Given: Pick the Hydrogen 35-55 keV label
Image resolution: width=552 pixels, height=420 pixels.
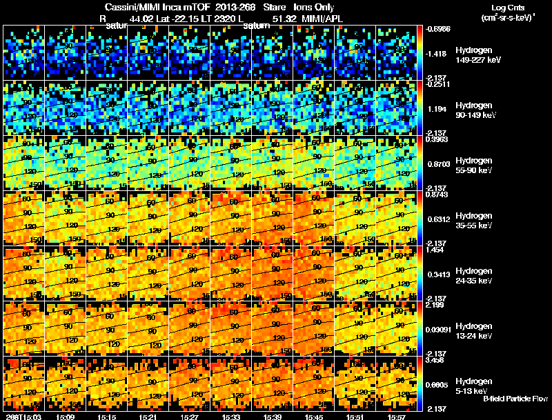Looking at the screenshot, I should tap(475, 221).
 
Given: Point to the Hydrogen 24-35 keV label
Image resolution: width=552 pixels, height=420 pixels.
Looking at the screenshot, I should tap(475, 276).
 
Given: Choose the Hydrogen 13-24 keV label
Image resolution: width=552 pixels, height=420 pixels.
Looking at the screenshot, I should tap(475, 331).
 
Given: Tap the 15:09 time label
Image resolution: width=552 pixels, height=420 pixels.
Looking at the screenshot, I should tap(66, 416).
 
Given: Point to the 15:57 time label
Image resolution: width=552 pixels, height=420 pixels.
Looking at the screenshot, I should tap(397, 416).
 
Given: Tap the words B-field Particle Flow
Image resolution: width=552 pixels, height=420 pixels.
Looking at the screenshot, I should tap(515, 399).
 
